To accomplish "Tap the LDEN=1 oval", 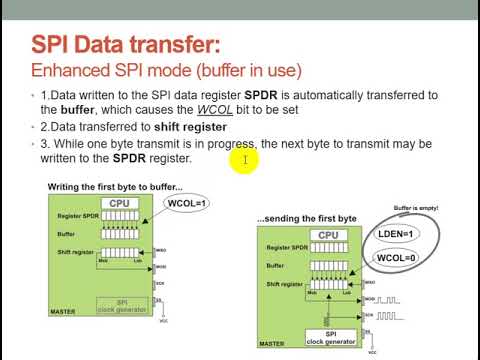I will pyautogui.click(x=396, y=234).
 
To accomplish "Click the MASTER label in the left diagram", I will pyautogui.click(x=62, y=311).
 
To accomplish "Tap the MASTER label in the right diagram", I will pyautogui.click(x=271, y=346).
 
